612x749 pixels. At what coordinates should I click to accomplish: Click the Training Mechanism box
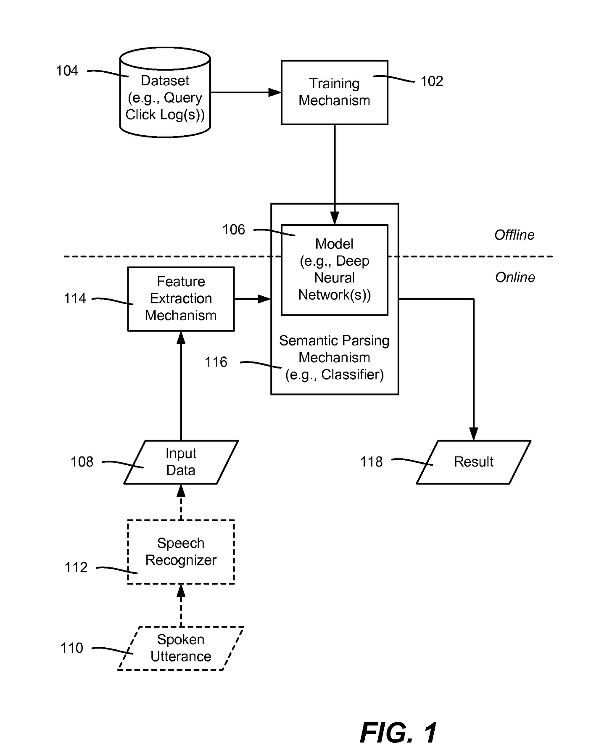(334, 92)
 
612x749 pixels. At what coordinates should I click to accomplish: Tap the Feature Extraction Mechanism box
(181, 299)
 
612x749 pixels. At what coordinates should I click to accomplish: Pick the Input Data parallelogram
(181, 462)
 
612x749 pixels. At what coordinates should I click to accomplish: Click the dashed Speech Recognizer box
(181, 551)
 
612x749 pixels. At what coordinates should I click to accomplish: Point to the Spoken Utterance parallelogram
(181, 648)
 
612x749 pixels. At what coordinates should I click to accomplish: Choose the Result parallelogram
(474, 462)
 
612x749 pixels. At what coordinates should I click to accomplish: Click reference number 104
(67, 71)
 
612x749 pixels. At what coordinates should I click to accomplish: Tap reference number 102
(432, 82)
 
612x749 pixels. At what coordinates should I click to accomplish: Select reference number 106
(234, 230)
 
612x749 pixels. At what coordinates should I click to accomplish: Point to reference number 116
(216, 362)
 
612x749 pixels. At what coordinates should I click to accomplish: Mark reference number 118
(372, 462)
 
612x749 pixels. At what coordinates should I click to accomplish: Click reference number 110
(72, 648)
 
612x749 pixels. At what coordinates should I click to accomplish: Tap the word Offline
(514, 235)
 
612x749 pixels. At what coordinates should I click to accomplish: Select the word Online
(515, 277)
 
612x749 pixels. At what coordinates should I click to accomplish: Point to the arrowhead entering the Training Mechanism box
(275, 92)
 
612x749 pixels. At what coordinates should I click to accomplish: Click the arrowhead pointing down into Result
(474, 434)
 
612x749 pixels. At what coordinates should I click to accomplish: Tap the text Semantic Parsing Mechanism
(334, 349)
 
